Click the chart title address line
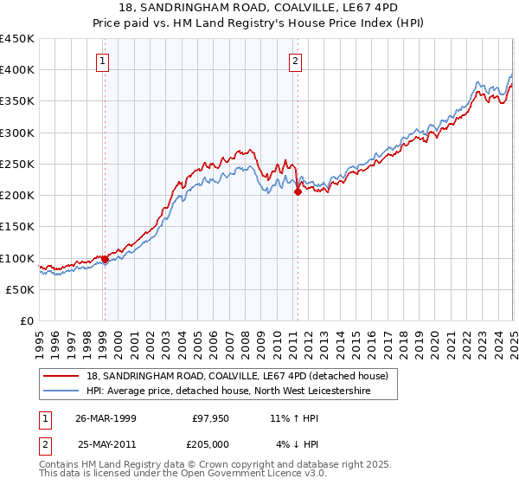[x=259, y=8]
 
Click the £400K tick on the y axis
[x=16, y=70]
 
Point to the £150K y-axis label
[x=16, y=227]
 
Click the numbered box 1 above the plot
[x=103, y=61]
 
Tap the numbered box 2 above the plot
[x=296, y=61]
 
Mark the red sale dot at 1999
[x=105, y=259]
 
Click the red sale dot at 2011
[x=298, y=192]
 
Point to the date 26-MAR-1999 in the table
[x=106, y=418]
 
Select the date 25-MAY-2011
[x=106, y=444]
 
